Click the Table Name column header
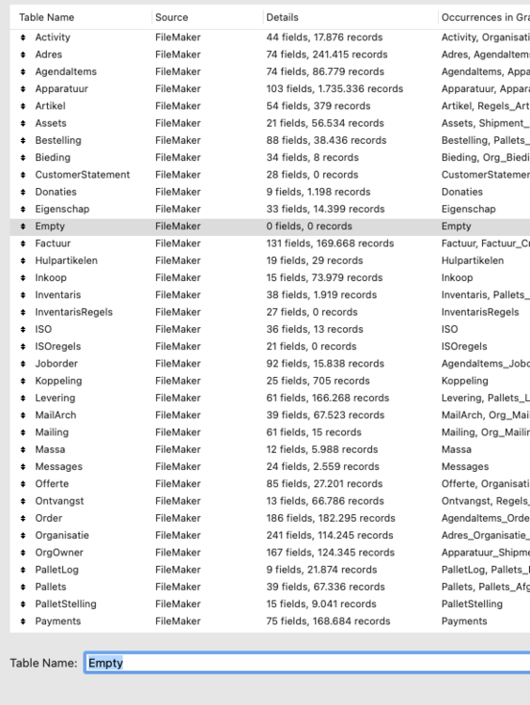[47, 17]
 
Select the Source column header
[172, 17]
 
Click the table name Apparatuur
[65, 88]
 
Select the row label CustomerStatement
[82, 175]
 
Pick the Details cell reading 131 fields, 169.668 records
[330, 243]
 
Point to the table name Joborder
[56, 364]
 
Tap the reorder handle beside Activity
[23, 38]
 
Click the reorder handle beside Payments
[23, 620]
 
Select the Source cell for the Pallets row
[178, 587]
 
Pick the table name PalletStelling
[66, 603]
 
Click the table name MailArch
[55, 415]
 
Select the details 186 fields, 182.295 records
[331, 518]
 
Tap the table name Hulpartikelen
[66, 260]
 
